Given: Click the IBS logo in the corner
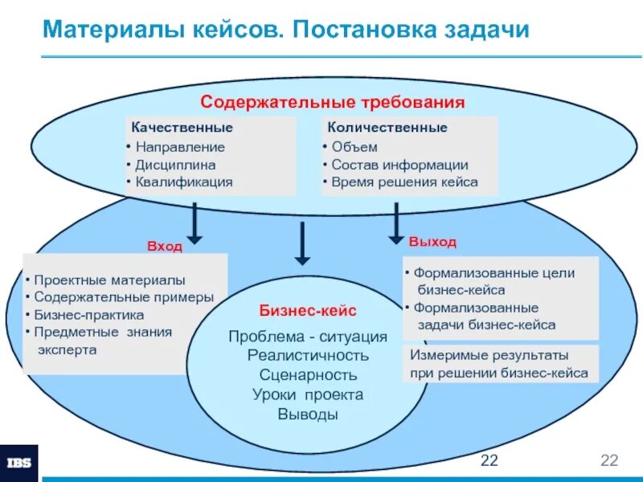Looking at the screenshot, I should [x=18, y=464].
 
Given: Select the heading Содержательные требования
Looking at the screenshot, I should [x=333, y=102].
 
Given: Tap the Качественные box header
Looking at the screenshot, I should [x=182, y=128].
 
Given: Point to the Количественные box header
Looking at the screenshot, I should [x=386, y=128].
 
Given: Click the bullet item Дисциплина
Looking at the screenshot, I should [x=175, y=165].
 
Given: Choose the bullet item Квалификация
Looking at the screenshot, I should [x=182, y=182].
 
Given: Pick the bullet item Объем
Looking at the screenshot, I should [x=354, y=147].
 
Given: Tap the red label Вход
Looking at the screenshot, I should [x=164, y=247].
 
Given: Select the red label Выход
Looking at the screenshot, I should [x=432, y=242].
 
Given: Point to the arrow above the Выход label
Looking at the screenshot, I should [x=395, y=223].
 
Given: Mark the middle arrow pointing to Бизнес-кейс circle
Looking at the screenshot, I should [x=301, y=243].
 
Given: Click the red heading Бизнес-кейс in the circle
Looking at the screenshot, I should [x=307, y=310].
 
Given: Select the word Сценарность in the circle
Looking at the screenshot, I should [x=308, y=374].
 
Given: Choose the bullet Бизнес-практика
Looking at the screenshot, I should [x=88, y=315].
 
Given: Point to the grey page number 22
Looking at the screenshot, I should [x=608, y=460].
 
